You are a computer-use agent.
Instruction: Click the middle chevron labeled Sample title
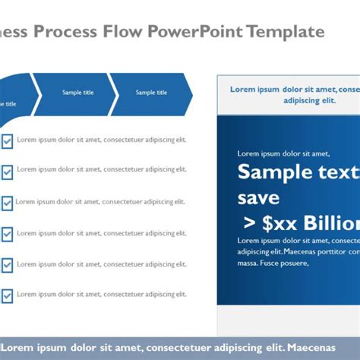coord(77,93)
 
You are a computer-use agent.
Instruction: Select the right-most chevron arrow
coord(151,93)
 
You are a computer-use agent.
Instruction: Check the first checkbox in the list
coord(7,141)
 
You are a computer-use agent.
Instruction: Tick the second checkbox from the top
coord(7,172)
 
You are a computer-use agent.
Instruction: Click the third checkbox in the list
coord(7,203)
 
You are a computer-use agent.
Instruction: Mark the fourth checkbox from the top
coord(7,234)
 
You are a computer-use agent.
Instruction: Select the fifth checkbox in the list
coord(7,264)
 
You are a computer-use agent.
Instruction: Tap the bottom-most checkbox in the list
coord(7,295)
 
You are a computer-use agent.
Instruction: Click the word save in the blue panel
coord(258,198)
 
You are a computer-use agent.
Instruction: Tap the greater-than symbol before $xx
coord(249,223)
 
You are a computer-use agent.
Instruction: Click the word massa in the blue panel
coord(248,263)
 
